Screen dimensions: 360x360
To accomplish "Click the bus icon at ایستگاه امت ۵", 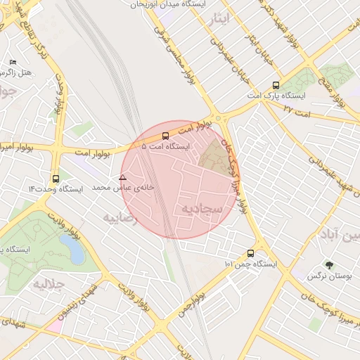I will pos(165,136).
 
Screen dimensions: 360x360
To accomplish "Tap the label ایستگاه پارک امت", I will pos(277,95).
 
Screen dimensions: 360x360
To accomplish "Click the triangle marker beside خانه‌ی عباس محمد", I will pos(123,178).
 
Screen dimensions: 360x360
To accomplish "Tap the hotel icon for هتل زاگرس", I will pos(13,63).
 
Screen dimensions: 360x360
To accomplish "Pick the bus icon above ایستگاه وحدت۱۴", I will pos(56,179).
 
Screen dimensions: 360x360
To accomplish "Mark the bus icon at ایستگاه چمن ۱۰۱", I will pos(251,253).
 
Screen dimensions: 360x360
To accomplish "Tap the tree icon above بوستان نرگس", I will pos(328,265).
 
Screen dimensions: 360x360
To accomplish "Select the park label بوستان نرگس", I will pos(328,276).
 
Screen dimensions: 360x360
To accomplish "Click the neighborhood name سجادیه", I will pos(202,210).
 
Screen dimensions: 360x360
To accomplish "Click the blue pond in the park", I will pos(70,247).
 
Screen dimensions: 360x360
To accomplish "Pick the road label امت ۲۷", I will pos(295,110).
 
